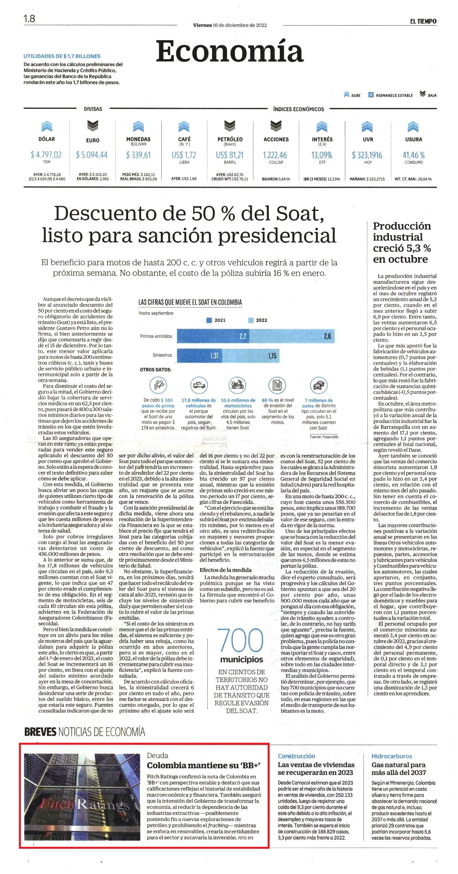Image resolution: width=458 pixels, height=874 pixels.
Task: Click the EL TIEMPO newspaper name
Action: pos(423,21)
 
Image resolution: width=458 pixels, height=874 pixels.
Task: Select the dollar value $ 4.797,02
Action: pos(46,155)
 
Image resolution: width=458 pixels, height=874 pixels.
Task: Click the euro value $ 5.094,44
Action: pos(92,155)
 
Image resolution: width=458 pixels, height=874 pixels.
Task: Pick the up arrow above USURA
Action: pos(413,126)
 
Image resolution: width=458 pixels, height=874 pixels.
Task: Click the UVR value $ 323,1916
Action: pos(367,155)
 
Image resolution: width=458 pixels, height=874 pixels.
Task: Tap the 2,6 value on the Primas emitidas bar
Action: pos(328,336)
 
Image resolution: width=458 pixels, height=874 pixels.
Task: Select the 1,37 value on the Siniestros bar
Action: pos(214,356)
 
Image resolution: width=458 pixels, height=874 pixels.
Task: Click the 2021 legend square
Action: pos(209,320)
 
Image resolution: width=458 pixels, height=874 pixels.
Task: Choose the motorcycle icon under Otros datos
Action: pos(238,384)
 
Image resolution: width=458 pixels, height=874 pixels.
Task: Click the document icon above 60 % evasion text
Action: pos(277,384)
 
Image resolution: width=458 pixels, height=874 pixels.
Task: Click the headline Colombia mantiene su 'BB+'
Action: pos(204,766)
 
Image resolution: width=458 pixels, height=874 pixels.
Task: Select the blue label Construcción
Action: pos(296,756)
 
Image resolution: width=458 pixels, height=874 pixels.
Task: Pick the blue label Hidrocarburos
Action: pos(392,756)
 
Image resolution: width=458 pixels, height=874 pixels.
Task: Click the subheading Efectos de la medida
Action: pos(225,570)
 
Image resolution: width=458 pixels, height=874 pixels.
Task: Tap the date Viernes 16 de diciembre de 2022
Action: pos(230,25)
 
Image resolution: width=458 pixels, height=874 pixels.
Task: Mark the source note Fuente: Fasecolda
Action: pos(324,437)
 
